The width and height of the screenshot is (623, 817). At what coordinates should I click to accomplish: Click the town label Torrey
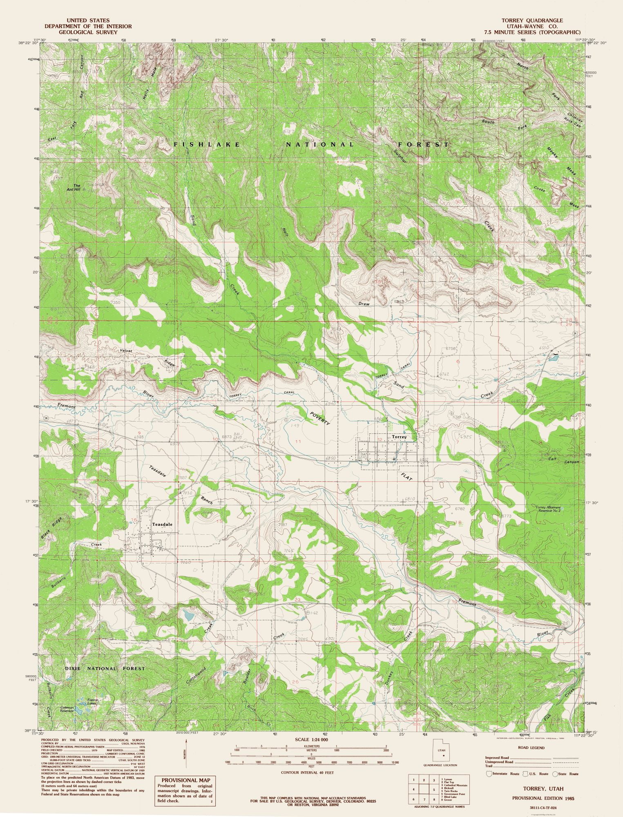point(399,437)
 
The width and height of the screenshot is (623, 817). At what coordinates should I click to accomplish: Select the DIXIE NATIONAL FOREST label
point(105,669)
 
